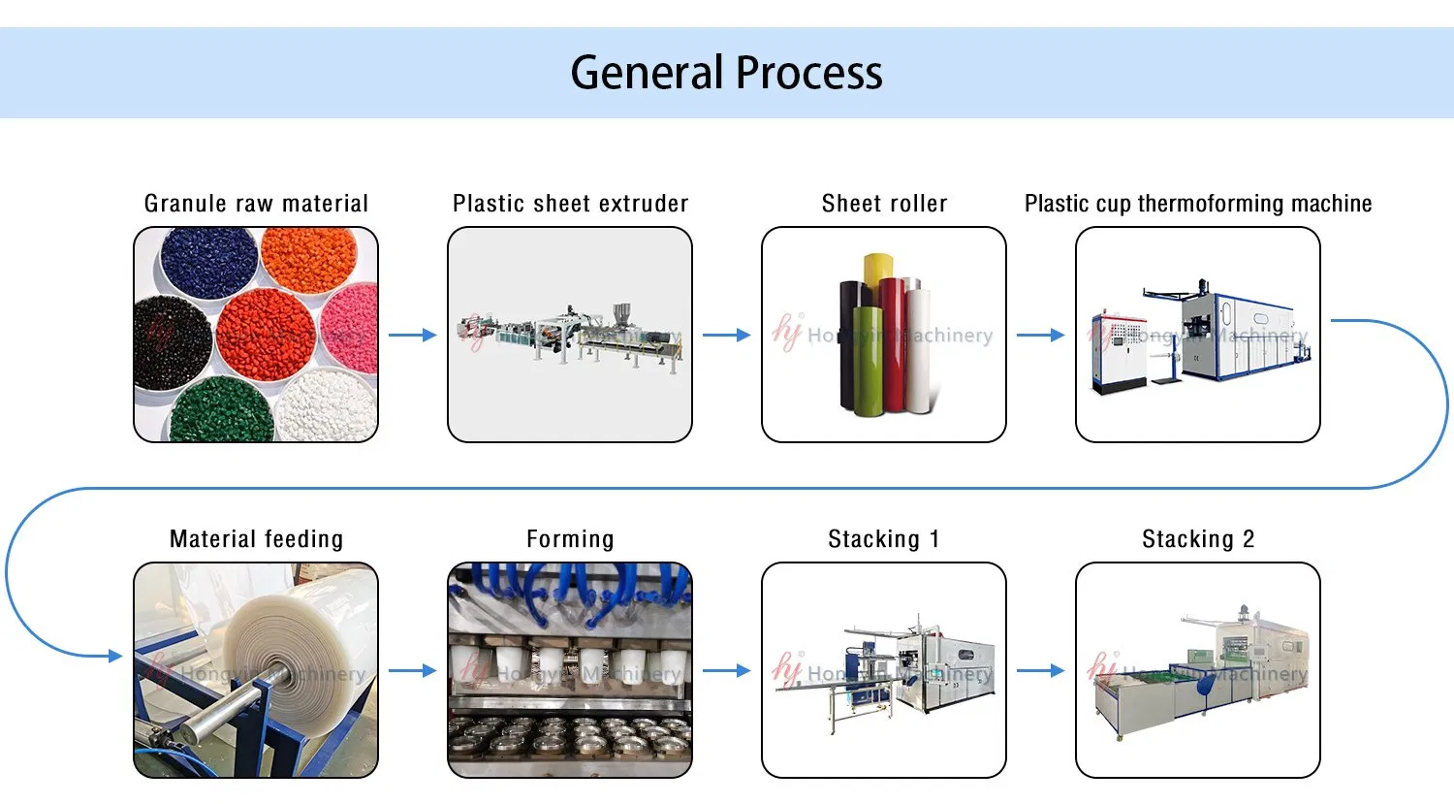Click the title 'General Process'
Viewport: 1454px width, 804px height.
[726, 73]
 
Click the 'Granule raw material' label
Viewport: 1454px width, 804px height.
[256, 204]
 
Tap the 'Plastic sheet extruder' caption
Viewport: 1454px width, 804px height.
[570, 204]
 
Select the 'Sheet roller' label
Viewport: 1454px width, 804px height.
[884, 204]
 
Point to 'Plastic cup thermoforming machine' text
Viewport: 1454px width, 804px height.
[1198, 204]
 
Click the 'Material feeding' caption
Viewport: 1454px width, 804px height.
[256, 539]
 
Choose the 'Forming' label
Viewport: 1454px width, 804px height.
[570, 539]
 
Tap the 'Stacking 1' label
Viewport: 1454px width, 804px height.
[884, 539]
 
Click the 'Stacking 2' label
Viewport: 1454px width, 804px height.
[1198, 539]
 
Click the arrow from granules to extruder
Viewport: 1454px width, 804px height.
[413, 336]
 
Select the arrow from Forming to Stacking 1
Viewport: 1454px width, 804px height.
[727, 670]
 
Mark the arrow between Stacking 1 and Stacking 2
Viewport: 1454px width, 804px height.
[1041, 670]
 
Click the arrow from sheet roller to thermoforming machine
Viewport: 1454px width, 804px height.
[1041, 336]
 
